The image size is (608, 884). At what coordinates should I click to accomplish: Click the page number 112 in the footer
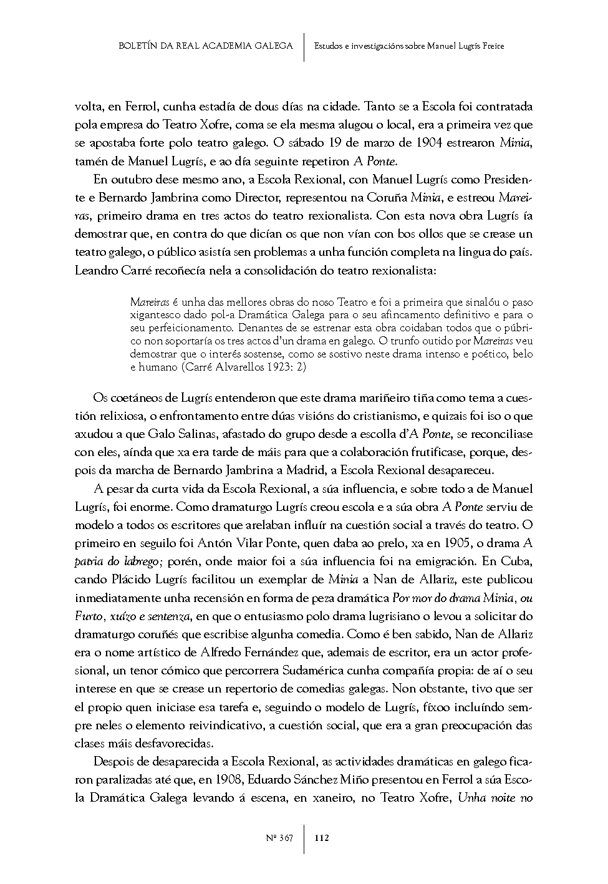click(322, 838)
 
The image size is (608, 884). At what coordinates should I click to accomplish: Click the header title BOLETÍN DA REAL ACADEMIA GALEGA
click(205, 46)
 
